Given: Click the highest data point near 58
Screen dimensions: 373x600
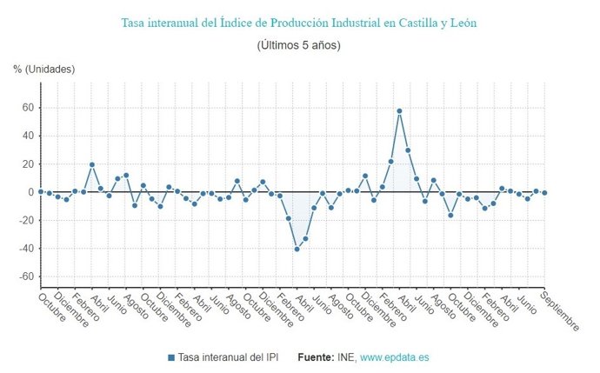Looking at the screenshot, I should click(x=399, y=111).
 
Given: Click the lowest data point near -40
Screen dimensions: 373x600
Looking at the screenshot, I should click(x=297, y=249).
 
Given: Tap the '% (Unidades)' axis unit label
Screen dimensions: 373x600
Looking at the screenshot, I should click(x=44, y=69).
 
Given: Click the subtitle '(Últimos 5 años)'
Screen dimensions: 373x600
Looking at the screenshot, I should click(x=299, y=44).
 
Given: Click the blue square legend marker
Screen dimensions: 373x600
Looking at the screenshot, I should click(x=171, y=357).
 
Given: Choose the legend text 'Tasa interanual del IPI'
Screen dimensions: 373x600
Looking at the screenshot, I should click(x=229, y=357).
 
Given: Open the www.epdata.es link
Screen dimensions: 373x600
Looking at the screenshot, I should click(x=394, y=357).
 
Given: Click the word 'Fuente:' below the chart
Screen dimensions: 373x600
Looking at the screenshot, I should click(x=315, y=357).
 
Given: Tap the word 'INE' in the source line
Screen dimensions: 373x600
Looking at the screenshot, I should click(x=346, y=357).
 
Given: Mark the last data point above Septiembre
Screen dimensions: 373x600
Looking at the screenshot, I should click(x=544, y=192).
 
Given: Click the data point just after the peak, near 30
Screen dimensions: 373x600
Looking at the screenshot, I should click(x=408, y=150).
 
